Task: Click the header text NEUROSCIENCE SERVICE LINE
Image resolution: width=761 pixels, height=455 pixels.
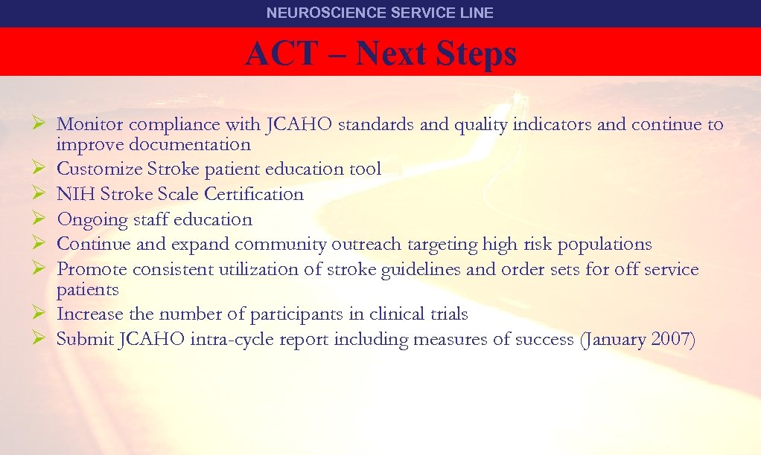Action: point(380,13)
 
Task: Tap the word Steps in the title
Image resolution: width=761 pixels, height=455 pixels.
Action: point(477,54)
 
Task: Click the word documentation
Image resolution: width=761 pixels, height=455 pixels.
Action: point(190,144)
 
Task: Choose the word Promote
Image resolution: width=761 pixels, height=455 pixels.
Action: point(89,269)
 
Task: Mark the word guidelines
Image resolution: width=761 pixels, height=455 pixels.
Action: point(420,269)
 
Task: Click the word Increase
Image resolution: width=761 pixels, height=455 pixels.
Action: point(88,314)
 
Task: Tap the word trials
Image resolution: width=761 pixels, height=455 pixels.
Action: point(450,314)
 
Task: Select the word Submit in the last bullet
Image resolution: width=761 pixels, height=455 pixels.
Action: point(84,340)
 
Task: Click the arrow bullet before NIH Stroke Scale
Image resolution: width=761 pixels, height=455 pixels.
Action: point(42,194)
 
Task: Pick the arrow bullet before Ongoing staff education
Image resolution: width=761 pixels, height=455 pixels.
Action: point(42,219)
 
